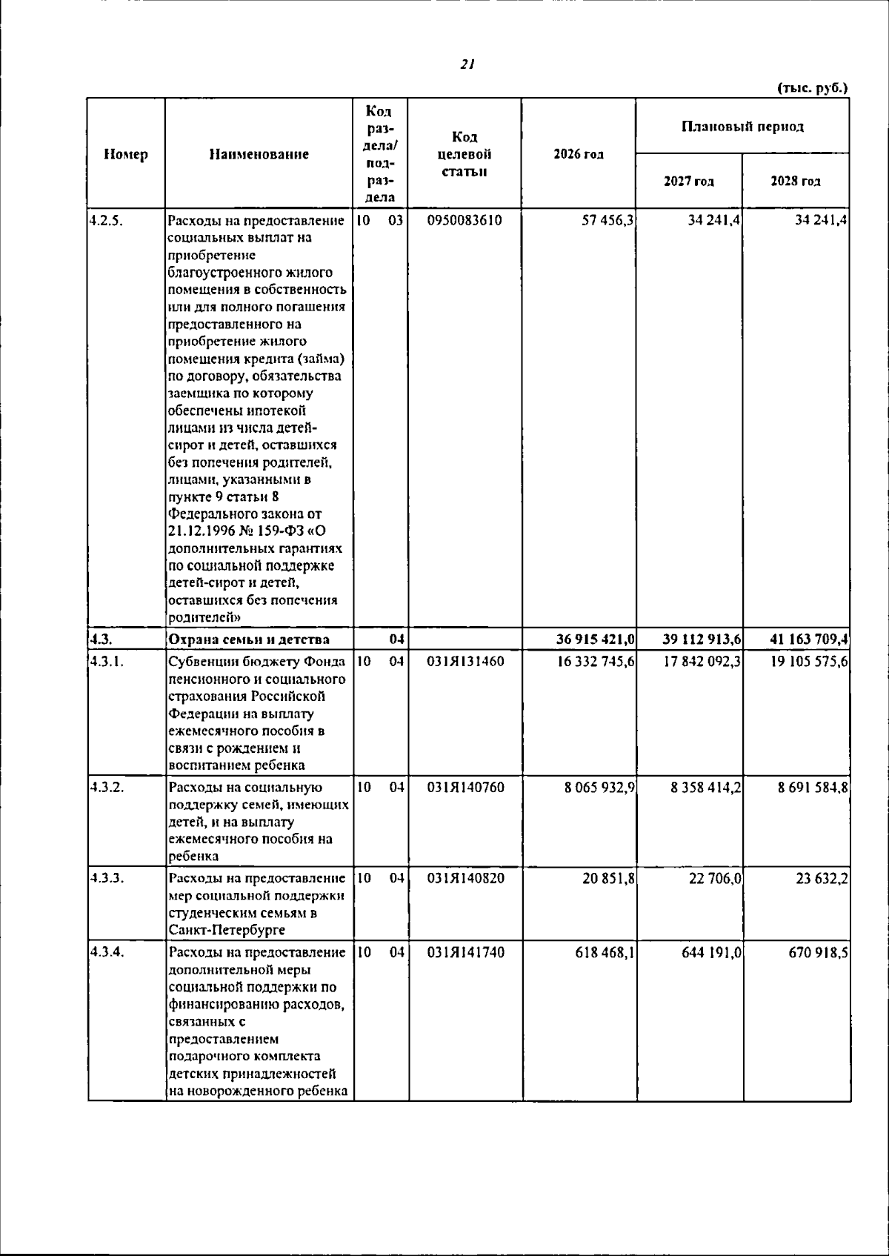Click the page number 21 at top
click(x=467, y=64)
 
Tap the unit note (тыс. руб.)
click(x=812, y=87)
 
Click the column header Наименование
click(x=259, y=155)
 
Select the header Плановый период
click(x=742, y=127)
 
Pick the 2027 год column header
click(x=689, y=182)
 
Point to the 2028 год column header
click(x=796, y=182)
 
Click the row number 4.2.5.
click(x=105, y=220)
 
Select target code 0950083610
click(x=465, y=220)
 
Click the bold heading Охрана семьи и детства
click(x=249, y=639)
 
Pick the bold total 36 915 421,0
click(x=595, y=639)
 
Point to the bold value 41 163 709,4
click(x=804, y=639)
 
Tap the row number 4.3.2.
click(x=105, y=787)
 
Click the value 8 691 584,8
click(x=813, y=787)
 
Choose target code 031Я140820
click(x=465, y=878)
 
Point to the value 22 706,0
click(x=715, y=878)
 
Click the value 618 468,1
click(x=605, y=952)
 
